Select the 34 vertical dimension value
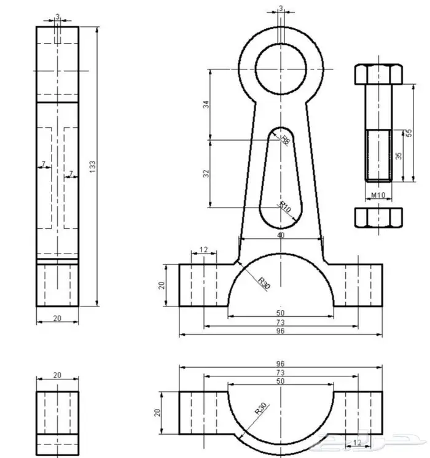[206, 104]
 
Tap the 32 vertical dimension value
[206, 173]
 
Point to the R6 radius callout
[284, 140]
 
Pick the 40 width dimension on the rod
[281, 235]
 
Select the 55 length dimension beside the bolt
[407, 133]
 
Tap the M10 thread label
[378, 195]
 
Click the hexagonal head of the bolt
[378, 75]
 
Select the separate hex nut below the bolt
[378, 218]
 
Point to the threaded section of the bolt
[378, 155]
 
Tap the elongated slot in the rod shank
[281, 178]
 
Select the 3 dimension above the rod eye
[281, 9]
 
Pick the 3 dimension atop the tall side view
[57, 16]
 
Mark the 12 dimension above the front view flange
[204, 250]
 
